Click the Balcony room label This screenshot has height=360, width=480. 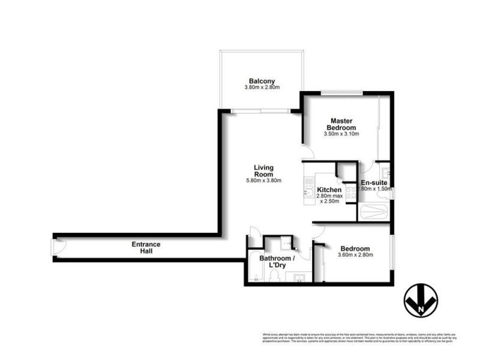pos(262,81)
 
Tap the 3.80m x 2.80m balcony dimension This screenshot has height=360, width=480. pos(262,88)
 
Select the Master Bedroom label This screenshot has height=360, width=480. pos(341,124)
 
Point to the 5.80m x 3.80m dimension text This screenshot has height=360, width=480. pos(263,181)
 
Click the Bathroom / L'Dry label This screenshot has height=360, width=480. pos(277,262)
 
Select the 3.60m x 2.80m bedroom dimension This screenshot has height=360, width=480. pos(356,256)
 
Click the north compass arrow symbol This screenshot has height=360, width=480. pos(419,299)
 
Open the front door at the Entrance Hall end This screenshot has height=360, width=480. pos(58,248)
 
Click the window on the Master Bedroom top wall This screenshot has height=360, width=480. pos(341,92)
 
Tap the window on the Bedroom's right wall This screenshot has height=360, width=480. pos(392,253)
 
